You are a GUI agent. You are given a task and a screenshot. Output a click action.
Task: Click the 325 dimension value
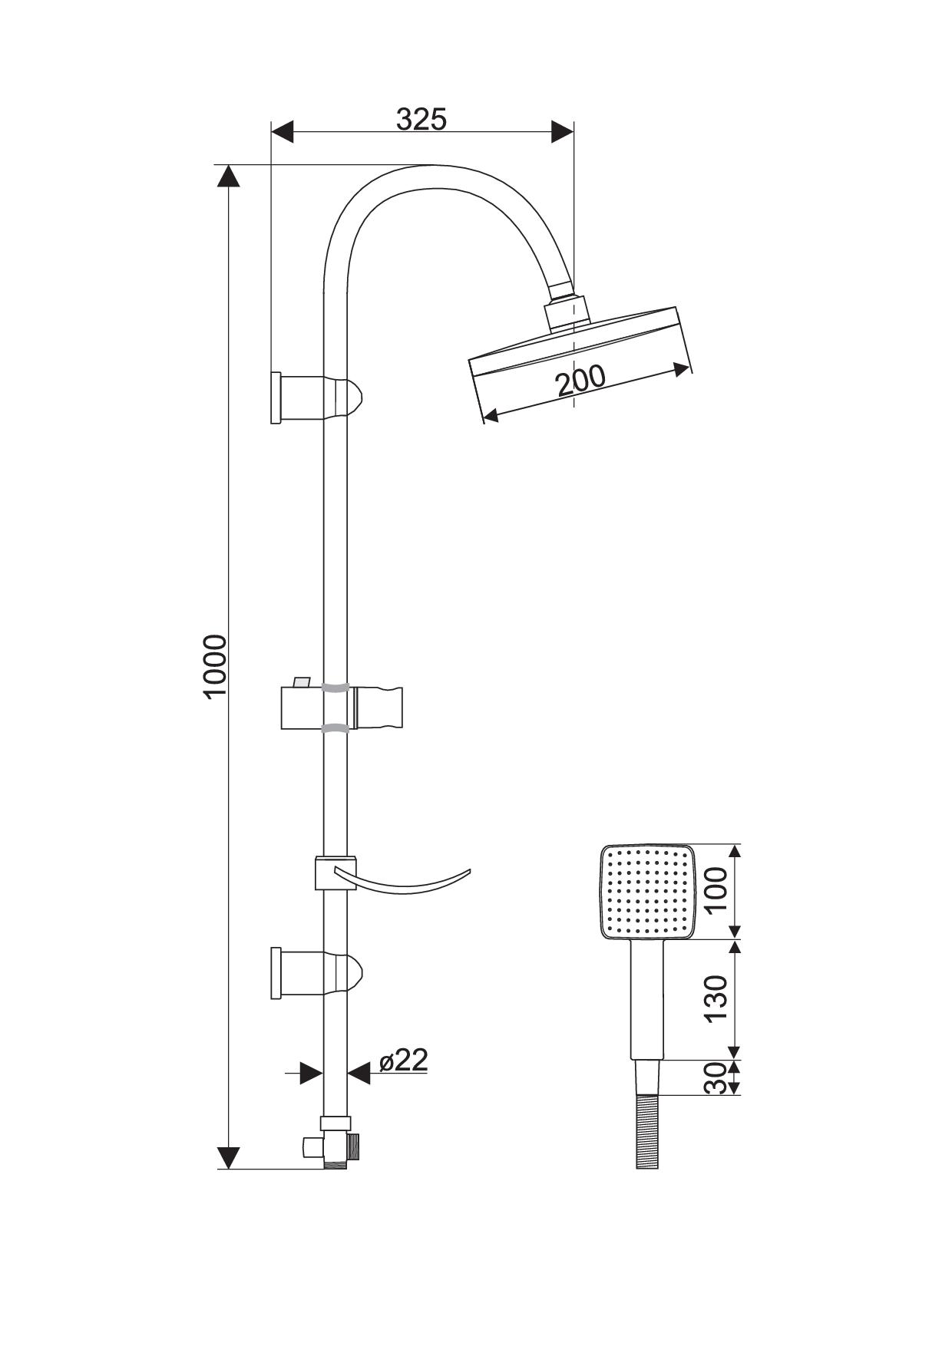tap(421, 119)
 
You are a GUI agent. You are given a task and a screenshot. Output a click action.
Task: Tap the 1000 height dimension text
tap(216, 665)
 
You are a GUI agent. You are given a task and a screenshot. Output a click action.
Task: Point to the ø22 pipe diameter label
tap(404, 1060)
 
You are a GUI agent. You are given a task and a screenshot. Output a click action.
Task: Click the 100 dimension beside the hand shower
tap(716, 889)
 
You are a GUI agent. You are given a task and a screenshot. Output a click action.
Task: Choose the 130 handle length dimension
tap(716, 998)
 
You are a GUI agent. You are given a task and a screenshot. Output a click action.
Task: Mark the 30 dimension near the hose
tap(716, 1078)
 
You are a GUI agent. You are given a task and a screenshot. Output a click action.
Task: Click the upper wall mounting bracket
tap(316, 397)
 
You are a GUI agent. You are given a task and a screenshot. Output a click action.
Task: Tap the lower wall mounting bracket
tap(316, 973)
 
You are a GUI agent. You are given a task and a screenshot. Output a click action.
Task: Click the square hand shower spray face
tap(647, 892)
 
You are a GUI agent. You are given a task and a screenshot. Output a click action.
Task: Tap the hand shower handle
tap(647, 1000)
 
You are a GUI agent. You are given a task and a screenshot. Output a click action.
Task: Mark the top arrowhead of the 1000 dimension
tap(228, 176)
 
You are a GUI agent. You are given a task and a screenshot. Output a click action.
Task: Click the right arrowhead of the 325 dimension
tap(562, 131)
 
